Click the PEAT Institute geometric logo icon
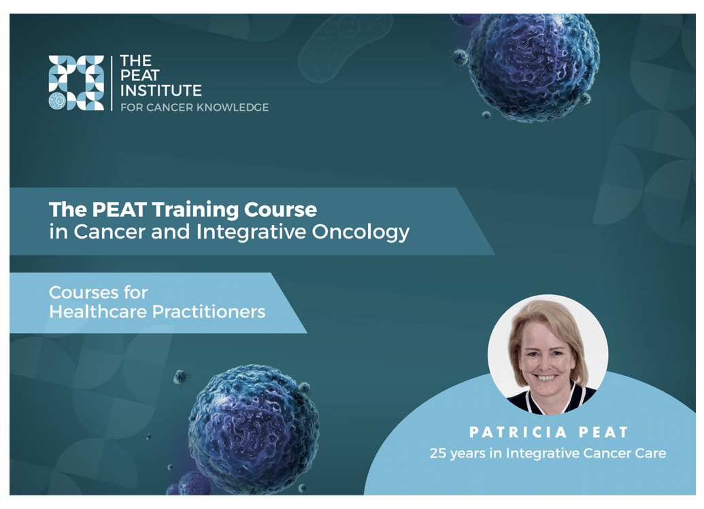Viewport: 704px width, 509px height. coord(76,83)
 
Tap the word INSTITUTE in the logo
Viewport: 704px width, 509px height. coord(161,90)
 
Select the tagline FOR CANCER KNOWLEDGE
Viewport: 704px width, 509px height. coord(195,107)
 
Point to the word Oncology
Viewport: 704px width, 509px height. coord(361,232)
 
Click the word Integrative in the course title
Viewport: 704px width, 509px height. coord(251,232)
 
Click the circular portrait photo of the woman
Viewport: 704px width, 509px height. coord(548,355)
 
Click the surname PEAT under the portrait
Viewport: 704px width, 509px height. coord(603,432)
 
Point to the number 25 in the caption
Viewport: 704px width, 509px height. coord(438,453)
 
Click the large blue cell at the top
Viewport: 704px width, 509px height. coord(533,67)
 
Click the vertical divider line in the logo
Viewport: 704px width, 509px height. coord(112,83)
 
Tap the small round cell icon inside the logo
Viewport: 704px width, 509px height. coord(57,101)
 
